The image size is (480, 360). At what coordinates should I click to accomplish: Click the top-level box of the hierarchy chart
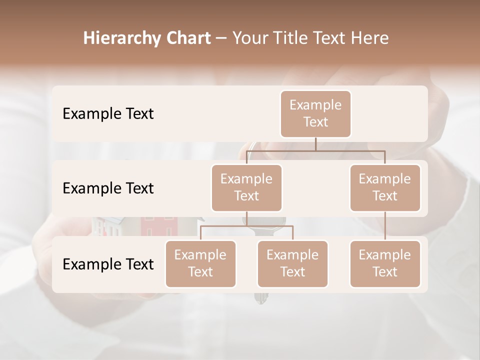(315, 113)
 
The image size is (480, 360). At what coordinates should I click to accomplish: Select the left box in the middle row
(246, 187)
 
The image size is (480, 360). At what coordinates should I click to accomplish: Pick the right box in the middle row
(385, 187)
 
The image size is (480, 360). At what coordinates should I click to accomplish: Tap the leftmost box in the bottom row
(200, 263)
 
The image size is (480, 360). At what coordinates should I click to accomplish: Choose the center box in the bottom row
(292, 263)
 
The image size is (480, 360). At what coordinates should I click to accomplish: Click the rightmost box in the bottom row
(385, 263)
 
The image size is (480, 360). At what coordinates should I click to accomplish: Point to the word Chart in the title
(186, 38)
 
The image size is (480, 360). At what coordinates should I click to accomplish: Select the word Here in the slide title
(370, 38)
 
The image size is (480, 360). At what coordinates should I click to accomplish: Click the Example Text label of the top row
(108, 114)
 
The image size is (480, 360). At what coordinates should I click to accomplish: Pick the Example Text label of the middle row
(108, 188)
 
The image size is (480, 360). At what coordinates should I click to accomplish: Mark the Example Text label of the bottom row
(108, 264)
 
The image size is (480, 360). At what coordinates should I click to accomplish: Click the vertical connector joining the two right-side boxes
(385, 225)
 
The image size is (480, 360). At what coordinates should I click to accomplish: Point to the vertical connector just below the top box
(315, 143)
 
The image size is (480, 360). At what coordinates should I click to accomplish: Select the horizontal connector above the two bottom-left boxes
(246, 226)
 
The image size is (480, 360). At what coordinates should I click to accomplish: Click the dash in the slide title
(221, 38)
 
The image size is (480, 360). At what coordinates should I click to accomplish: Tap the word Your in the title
(251, 38)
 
